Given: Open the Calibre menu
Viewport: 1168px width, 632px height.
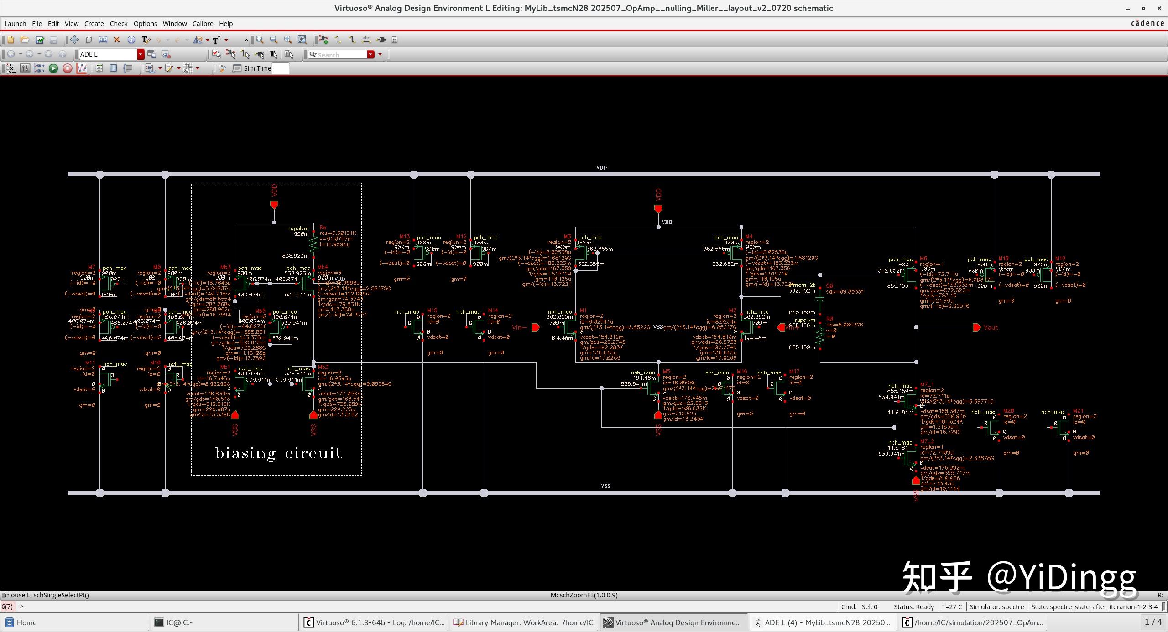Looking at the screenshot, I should pyautogui.click(x=203, y=24).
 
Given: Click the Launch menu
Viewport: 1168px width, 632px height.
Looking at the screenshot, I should pyautogui.click(x=15, y=24).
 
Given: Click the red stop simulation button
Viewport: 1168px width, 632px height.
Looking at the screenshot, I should pyautogui.click(x=67, y=68).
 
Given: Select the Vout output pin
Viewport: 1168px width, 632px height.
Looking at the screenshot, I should pyautogui.click(x=977, y=327).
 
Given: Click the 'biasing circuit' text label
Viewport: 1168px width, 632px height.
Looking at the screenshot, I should pyautogui.click(x=278, y=453).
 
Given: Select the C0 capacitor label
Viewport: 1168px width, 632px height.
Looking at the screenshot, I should pyautogui.click(x=829, y=286).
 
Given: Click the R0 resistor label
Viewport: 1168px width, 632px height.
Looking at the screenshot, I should pyautogui.click(x=829, y=319).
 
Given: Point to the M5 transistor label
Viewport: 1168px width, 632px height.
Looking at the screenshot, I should pyautogui.click(x=666, y=372).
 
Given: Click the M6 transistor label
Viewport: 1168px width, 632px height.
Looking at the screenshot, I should pyautogui.click(x=923, y=259).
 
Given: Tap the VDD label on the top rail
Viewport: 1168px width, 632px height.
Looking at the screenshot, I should pyautogui.click(x=601, y=168).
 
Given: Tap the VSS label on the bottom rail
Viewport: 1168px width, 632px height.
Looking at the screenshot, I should pyautogui.click(x=605, y=486).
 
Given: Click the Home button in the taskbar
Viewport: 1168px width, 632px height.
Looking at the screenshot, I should pyautogui.click(x=26, y=622).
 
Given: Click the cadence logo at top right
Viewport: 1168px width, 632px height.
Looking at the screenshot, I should pyautogui.click(x=1147, y=24).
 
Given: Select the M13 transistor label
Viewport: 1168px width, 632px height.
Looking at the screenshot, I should pyautogui.click(x=405, y=237).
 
